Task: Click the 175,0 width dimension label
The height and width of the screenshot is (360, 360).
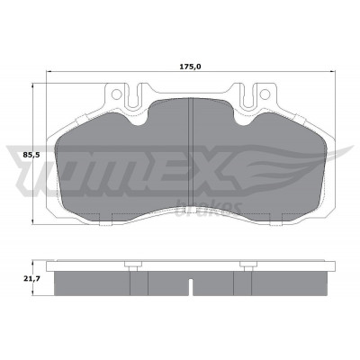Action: point(190,67)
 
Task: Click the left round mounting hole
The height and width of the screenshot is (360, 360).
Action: point(116,94)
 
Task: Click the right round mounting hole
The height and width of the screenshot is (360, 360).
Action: point(265,94)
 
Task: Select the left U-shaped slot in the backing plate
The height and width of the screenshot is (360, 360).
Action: point(133,95)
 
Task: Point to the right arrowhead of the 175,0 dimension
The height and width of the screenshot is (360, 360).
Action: point(332,71)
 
